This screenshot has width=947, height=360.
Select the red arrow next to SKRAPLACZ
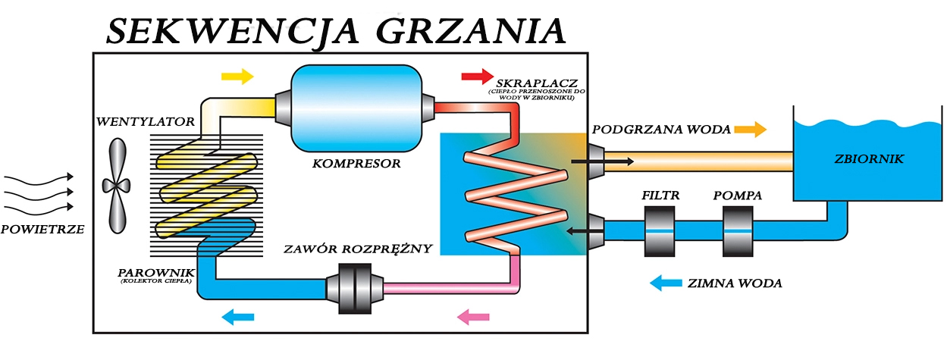click(477, 76)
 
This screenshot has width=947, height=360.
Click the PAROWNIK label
click(156, 271)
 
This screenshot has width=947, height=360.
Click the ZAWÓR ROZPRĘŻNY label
click(358, 249)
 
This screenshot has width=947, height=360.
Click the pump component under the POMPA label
click(738, 229)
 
